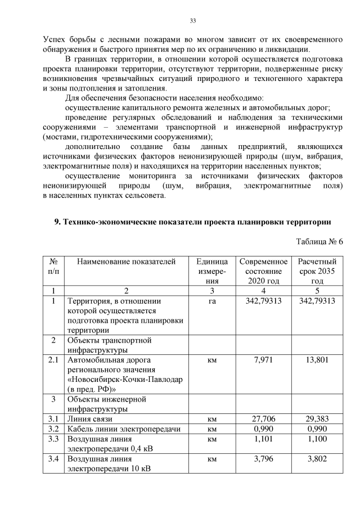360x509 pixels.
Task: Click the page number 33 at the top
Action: [192, 21]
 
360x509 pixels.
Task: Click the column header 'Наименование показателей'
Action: [126, 262]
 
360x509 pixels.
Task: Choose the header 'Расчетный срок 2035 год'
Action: [317, 271]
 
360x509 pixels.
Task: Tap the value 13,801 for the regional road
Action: [317, 359]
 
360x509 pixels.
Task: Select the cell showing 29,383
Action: [317, 419]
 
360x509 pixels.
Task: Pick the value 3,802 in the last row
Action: [317, 459]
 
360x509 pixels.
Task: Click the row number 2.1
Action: [53, 359]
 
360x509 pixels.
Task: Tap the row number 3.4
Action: [53, 459]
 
